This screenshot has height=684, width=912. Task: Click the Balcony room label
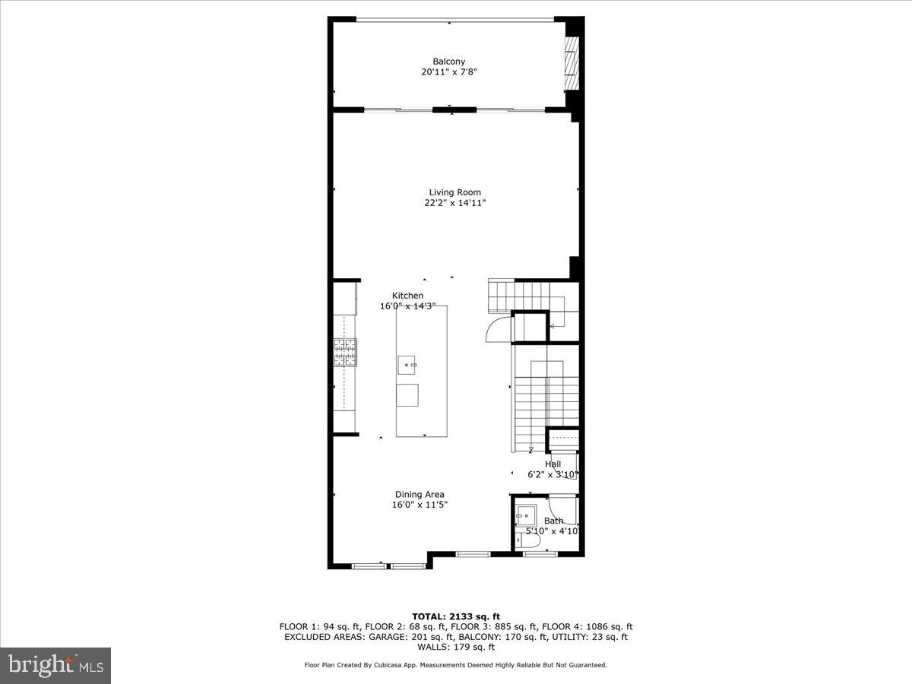tap(448, 62)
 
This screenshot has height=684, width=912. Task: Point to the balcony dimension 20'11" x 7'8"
tap(448, 72)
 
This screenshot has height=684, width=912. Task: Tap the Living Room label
tap(454, 192)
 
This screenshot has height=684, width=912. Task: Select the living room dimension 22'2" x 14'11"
tap(454, 203)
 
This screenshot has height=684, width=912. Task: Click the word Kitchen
tap(407, 296)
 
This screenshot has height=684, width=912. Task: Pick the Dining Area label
tap(419, 494)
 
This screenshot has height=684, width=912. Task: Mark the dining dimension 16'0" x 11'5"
tap(419, 505)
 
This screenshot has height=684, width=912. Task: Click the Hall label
tap(553, 464)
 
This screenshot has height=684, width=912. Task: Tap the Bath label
tap(553, 521)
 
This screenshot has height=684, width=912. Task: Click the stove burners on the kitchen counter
tap(345, 353)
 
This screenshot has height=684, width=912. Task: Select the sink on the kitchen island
tap(407, 365)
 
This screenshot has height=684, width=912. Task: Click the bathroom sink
tap(525, 515)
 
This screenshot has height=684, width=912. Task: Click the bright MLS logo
tap(55, 666)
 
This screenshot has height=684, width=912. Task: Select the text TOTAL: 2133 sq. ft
tap(456, 616)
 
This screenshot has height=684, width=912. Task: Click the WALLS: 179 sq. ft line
tap(456, 648)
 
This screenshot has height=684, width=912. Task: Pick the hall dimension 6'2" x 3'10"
tap(553, 474)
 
